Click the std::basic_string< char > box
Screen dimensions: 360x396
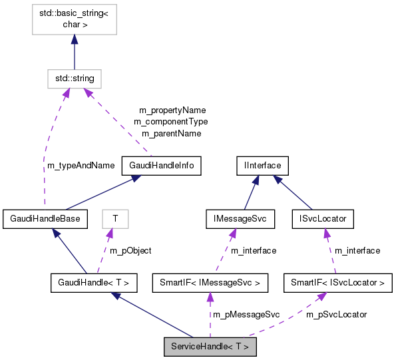coord(73,19)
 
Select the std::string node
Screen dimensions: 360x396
coord(73,79)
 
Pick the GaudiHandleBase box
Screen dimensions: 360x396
coord(45,218)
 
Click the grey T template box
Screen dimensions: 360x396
coord(114,218)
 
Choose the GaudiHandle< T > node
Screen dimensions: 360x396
coord(94,283)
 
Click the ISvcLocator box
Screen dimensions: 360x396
coord(323,218)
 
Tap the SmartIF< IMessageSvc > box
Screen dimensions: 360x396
coord(210,283)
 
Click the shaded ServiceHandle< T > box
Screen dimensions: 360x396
coord(210,347)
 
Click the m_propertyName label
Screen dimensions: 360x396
coord(172,110)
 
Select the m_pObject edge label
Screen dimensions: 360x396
coord(130,251)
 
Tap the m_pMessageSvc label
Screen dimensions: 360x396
coord(245,314)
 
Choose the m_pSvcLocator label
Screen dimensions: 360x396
coord(336,314)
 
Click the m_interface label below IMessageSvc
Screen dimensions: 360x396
coord(253,251)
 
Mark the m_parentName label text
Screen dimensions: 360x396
coord(171,134)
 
